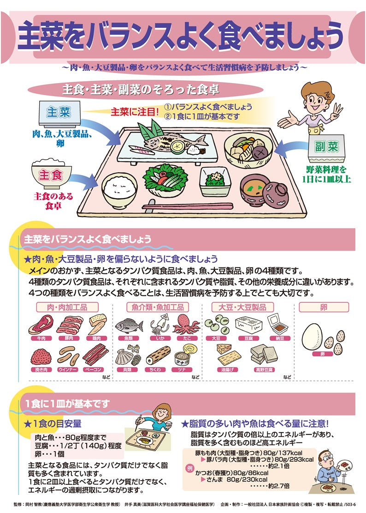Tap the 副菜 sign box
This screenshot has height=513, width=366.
(327, 147)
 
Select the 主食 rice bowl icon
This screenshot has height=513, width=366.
(51, 175)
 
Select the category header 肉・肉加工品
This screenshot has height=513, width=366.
(67, 307)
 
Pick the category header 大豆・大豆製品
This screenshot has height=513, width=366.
(242, 307)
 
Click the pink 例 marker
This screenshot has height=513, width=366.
(189, 467)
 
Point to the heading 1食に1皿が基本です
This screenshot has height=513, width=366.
(68, 404)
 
